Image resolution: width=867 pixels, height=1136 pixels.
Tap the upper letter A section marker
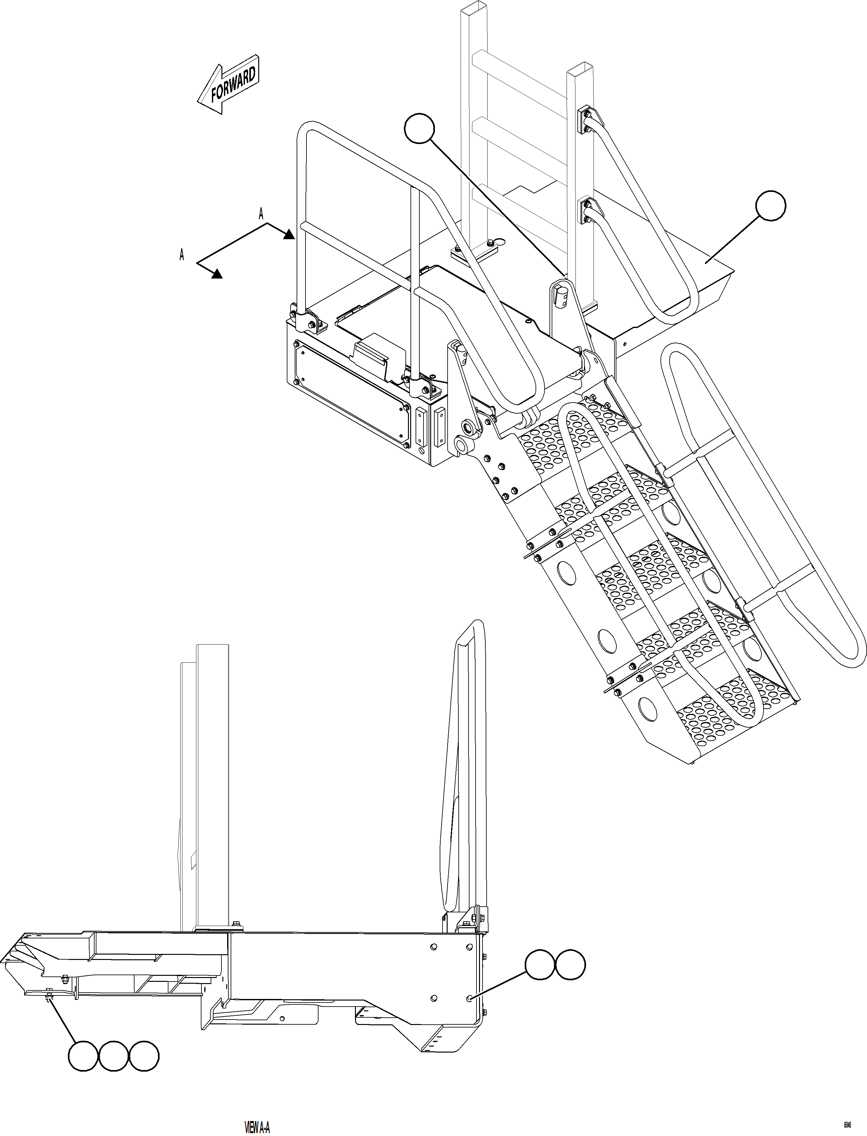[x=261, y=213]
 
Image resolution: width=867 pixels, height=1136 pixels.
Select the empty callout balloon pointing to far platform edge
[x=771, y=206]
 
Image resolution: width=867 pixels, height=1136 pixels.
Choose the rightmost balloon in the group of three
[x=144, y=1056]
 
